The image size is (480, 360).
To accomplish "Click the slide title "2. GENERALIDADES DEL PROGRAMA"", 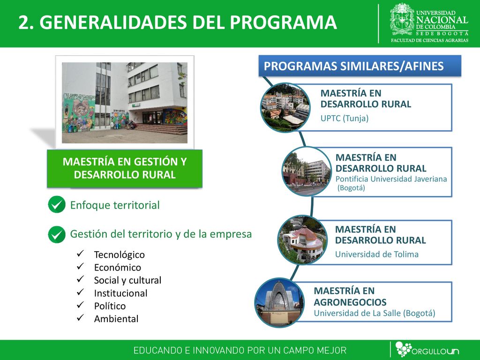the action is [178, 22].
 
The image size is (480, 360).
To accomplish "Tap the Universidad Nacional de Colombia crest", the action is [402, 19].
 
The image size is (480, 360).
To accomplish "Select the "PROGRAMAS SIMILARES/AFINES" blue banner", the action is [360, 66].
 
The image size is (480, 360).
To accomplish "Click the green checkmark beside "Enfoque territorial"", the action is [57, 204].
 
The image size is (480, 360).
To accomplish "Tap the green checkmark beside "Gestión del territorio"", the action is [57, 234].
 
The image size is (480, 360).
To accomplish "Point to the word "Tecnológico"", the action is [120, 255].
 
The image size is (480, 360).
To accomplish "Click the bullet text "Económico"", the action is [118, 268].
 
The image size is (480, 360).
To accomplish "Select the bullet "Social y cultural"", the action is [127, 280].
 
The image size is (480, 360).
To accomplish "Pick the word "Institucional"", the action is [120, 293].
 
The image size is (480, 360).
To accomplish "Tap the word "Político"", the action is [110, 306].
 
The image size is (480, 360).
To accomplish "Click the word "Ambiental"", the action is [116, 319].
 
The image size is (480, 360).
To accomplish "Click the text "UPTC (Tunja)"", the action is [345, 118].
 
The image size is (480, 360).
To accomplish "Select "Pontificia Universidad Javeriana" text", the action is [391, 179].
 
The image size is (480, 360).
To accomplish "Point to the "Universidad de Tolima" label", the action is [377, 254].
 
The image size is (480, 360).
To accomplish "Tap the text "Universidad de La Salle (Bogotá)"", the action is [375, 313].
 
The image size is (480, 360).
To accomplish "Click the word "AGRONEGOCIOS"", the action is [350, 302].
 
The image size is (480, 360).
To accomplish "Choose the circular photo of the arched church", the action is [279, 302].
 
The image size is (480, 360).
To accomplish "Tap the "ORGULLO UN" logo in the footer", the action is [427, 350].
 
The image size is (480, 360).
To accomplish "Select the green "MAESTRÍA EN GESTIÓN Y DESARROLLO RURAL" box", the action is [125, 168].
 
